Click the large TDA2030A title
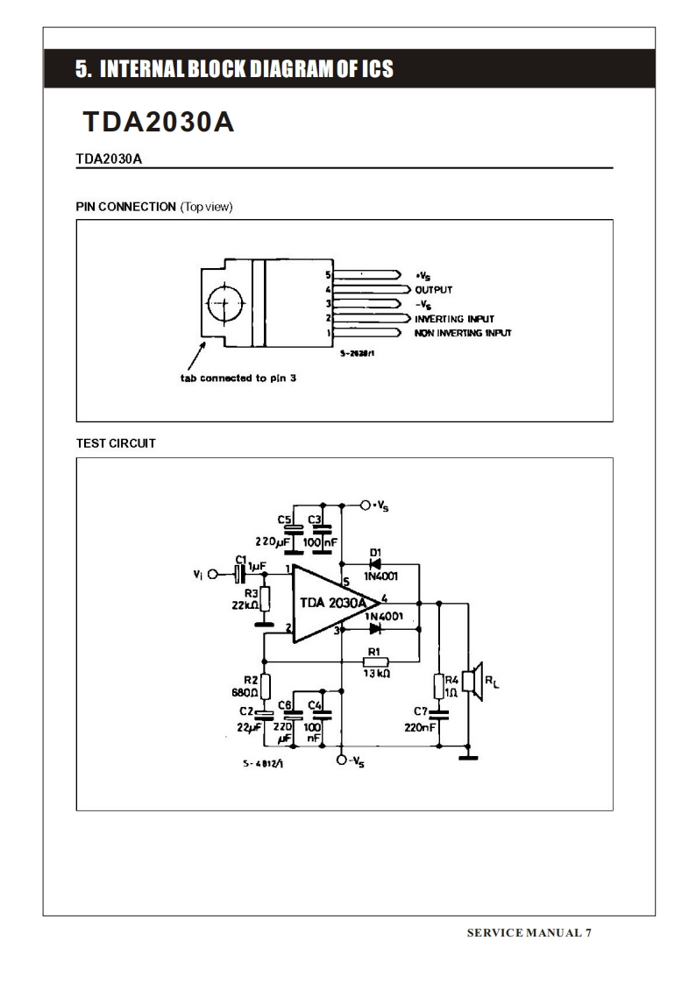click(x=158, y=123)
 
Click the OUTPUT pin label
click(x=433, y=289)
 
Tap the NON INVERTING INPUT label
click(x=463, y=334)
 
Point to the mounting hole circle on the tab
click(x=224, y=304)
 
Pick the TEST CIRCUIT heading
click(x=116, y=443)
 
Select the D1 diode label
click(x=375, y=552)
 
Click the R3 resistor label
click(x=252, y=593)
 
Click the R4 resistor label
click(x=451, y=679)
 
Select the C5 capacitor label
click(x=284, y=519)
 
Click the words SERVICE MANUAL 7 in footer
click(x=529, y=932)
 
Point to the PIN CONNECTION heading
click(x=126, y=207)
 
